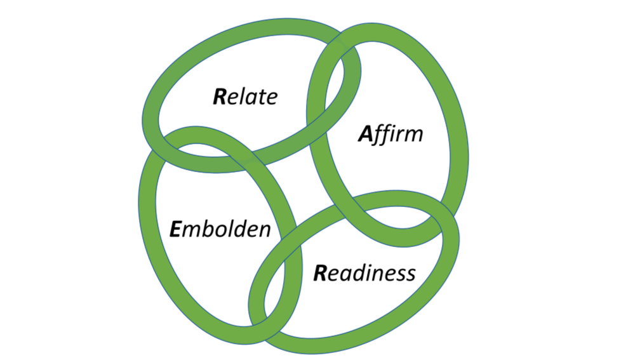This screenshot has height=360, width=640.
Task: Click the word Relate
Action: [x=244, y=97]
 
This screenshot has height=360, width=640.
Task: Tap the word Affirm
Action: [x=390, y=135]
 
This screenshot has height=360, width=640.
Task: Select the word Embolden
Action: [x=220, y=229]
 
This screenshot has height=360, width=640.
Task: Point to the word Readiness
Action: [x=364, y=273]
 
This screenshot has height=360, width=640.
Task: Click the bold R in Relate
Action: [x=220, y=97]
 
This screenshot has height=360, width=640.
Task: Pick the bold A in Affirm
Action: [x=364, y=135]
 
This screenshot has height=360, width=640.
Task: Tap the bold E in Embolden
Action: [x=177, y=229]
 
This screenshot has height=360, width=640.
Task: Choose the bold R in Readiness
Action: [x=321, y=274]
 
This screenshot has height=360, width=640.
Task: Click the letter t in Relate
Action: [x=262, y=97]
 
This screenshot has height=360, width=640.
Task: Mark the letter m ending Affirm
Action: [x=413, y=135]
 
